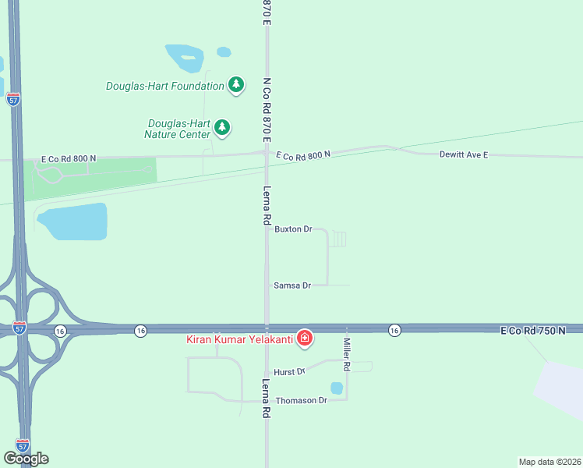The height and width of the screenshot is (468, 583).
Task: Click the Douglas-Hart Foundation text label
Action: click(164, 86)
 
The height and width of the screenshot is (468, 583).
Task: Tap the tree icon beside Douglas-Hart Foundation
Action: click(236, 85)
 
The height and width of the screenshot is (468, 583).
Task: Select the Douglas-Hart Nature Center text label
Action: click(178, 129)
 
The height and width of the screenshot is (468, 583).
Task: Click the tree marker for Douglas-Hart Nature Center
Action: click(222, 127)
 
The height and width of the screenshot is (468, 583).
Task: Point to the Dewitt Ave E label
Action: click(463, 155)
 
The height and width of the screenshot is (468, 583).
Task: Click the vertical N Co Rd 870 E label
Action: click(267, 109)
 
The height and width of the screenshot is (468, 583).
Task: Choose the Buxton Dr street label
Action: click(292, 229)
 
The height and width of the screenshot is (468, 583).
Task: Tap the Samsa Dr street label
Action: click(292, 285)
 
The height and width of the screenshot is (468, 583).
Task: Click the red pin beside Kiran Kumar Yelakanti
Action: click(306, 338)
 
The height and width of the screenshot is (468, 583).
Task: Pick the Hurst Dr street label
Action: click(285, 372)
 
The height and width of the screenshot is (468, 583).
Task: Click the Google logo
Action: click(26, 458)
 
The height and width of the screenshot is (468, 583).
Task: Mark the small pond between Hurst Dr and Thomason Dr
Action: click(337, 388)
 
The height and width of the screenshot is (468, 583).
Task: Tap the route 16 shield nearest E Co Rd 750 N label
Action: click(395, 331)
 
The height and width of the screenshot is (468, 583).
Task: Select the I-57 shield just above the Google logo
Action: click(23, 445)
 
